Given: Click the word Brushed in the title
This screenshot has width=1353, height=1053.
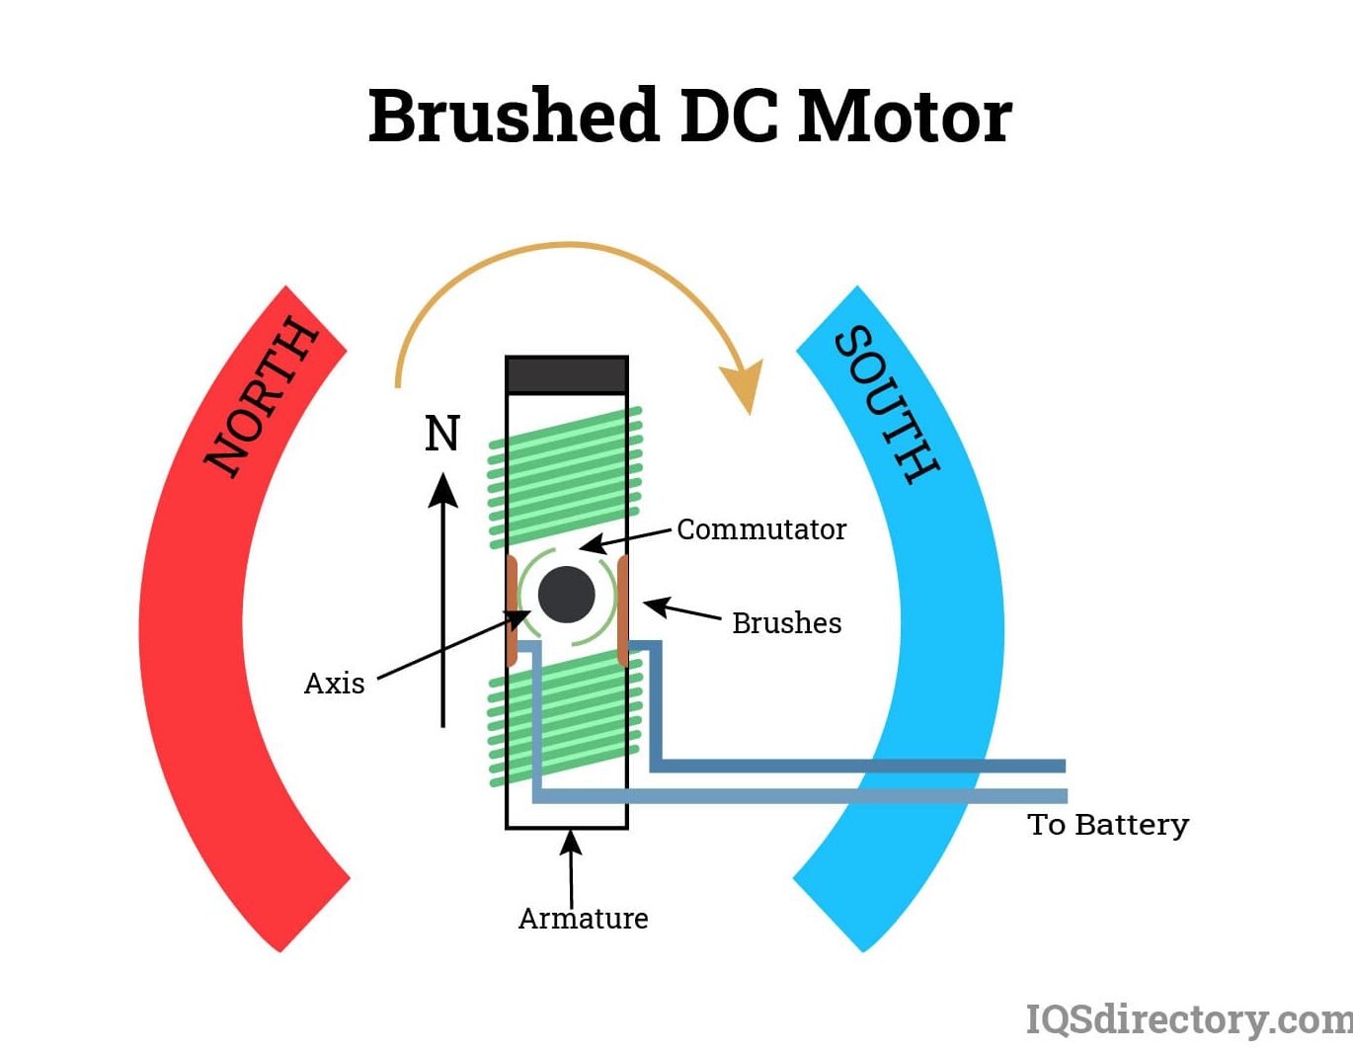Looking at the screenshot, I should tap(513, 116).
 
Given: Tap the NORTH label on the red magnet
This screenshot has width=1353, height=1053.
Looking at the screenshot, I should tap(262, 396).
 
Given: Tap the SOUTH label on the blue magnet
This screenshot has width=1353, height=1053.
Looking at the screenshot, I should tap(886, 404).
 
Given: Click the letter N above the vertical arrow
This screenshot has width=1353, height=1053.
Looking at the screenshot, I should tap(441, 434).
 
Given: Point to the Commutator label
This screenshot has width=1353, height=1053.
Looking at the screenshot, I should tap(760, 529).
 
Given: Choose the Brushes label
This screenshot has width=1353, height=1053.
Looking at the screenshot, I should tap(786, 623).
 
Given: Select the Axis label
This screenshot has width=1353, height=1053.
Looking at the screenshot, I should tap(334, 684).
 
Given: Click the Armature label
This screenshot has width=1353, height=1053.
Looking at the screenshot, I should tap(583, 919).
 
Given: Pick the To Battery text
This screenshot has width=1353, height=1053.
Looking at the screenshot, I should tap(1107, 824).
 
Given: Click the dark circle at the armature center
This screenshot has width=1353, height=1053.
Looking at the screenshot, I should tap(567, 595).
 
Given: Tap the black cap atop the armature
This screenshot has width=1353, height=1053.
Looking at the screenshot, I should tap(567, 375).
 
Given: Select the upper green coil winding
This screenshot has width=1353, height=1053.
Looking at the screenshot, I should tap(566, 477).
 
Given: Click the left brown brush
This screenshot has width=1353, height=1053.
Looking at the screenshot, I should tap(512, 610).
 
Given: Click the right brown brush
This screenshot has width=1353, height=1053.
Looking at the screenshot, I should tap(623, 610).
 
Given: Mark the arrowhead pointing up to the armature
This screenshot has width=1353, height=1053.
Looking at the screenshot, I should tap(570, 842).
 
